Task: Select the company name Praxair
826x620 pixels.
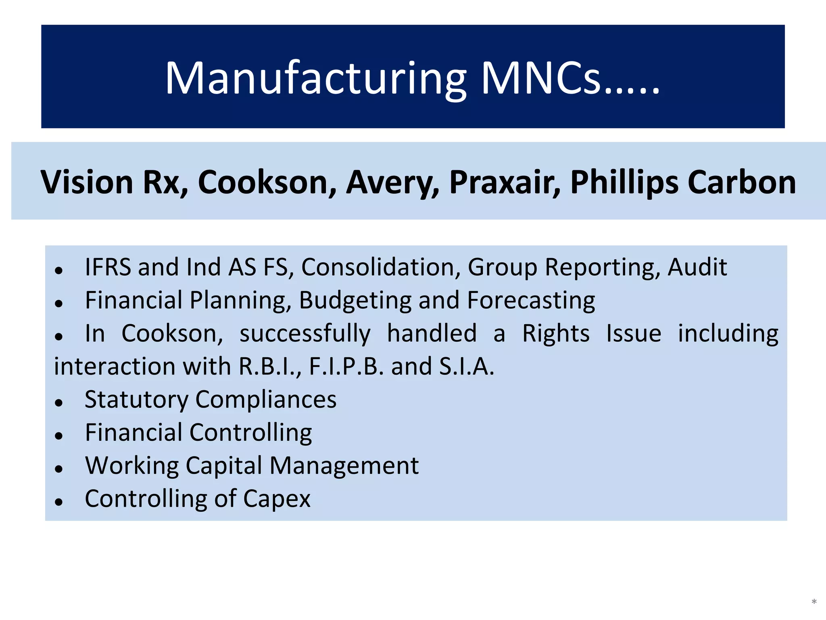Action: pos(505,182)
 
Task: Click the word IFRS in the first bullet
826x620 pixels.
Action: pos(108,267)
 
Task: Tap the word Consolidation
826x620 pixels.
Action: pos(381,267)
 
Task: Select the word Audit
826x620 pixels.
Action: pos(697,267)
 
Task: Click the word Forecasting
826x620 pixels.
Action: pos(531,301)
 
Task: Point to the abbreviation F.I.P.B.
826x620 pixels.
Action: pos(346,367)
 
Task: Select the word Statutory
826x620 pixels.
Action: pos(136,400)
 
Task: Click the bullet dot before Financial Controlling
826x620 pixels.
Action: pos(59,436)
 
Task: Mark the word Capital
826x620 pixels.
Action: pos(224,466)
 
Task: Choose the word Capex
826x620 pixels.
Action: pos(277,499)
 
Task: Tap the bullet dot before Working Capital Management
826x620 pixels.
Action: pos(59,469)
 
